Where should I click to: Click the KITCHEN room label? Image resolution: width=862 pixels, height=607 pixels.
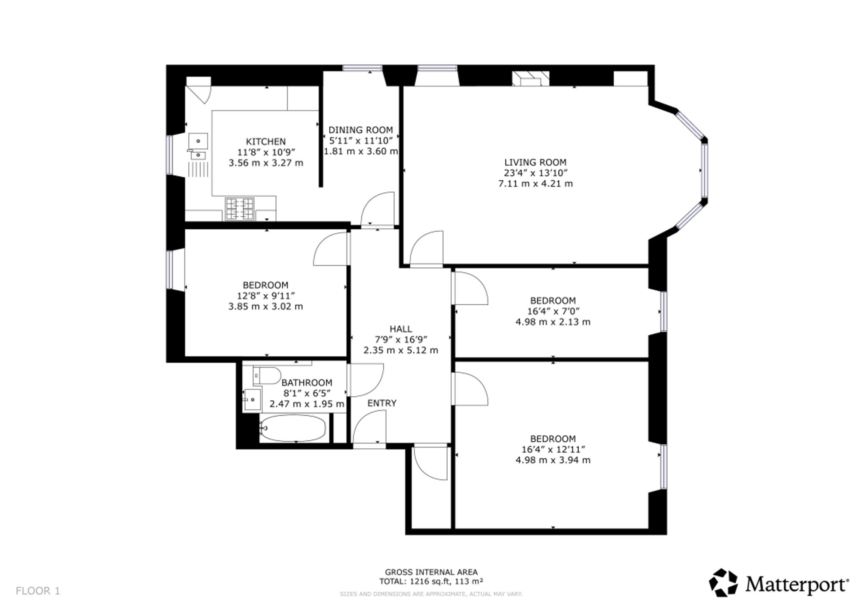click(x=265, y=141)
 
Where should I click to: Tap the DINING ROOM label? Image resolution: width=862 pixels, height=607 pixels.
click(x=361, y=130)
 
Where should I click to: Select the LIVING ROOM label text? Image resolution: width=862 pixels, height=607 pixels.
click(x=535, y=163)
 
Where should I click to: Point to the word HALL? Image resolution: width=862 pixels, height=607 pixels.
click(x=401, y=329)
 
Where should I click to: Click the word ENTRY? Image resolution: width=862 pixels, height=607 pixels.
click(x=382, y=403)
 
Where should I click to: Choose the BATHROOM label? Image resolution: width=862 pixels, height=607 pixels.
click(x=307, y=382)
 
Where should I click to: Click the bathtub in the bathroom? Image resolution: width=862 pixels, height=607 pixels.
click(x=293, y=428)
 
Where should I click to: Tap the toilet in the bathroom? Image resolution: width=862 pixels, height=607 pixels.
click(x=267, y=376)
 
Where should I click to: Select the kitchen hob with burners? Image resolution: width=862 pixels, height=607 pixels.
click(x=240, y=209)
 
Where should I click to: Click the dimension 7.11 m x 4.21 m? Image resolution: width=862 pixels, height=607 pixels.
click(x=535, y=184)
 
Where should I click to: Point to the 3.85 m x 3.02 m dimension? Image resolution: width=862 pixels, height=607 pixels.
click(x=265, y=307)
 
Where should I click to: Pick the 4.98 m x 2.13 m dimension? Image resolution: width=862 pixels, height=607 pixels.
click(x=553, y=322)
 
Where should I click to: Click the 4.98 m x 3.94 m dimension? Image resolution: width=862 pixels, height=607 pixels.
click(x=553, y=460)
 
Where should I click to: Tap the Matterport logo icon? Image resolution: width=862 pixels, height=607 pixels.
click(x=724, y=583)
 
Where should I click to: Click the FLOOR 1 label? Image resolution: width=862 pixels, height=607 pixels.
click(x=38, y=591)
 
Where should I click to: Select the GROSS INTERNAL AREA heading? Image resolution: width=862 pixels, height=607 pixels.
click(x=431, y=572)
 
